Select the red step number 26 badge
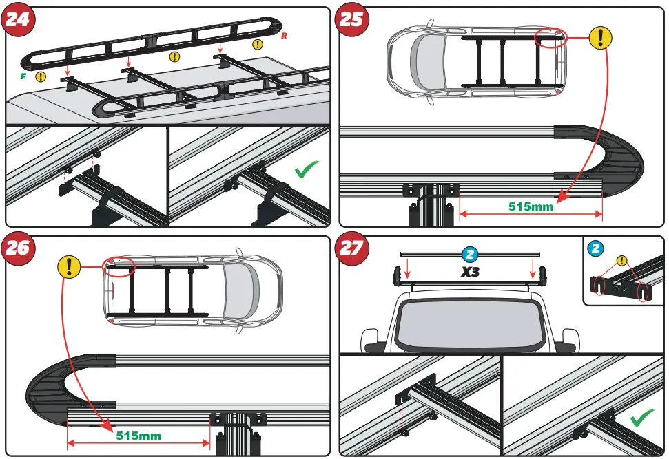pyautogui.click(x=19, y=247)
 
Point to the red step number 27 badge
pyautogui.click(x=351, y=247)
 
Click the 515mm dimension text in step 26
pyautogui.click(x=138, y=436)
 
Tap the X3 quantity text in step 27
pyautogui.click(x=471, y=271)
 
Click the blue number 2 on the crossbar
pyautogui.click(x=471, y=253)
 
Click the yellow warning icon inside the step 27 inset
pyautogui.click(x=622, y=260)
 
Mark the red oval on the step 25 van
pyautogui.click(x=550, y=39)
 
